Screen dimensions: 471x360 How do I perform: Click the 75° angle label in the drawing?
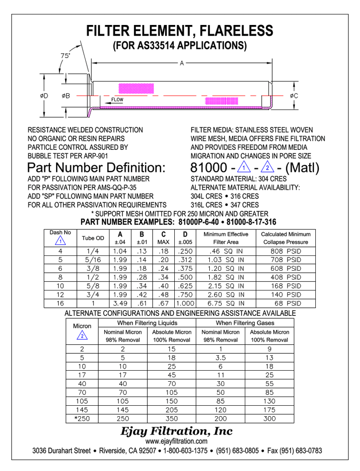66,56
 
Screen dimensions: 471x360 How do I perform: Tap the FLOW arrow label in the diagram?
117,100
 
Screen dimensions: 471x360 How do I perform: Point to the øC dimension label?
294,96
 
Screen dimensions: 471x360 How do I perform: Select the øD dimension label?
44,96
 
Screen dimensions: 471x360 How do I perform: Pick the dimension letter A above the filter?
182,62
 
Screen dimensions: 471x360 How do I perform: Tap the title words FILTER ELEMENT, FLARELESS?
180,32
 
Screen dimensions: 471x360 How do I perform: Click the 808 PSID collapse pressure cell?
286,251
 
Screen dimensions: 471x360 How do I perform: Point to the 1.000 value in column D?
184,303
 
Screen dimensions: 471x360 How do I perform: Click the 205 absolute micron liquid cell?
172,410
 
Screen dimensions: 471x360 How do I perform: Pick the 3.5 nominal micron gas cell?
220,357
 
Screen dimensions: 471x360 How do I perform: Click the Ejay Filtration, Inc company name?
177,431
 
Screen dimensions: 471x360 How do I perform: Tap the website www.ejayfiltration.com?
177,441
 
